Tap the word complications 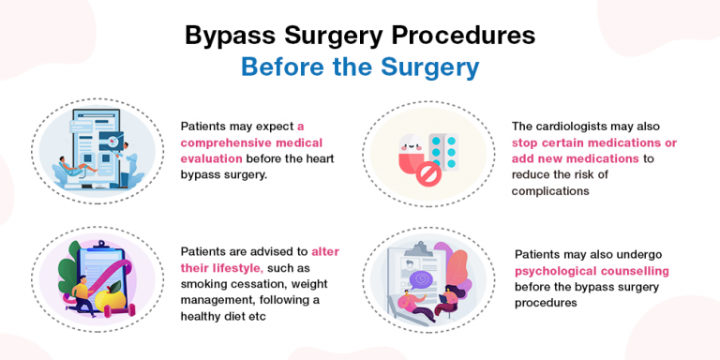(x=559, y=191)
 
